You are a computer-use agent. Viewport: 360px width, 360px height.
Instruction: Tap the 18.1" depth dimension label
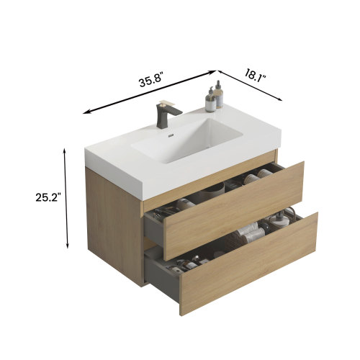click(258, 73)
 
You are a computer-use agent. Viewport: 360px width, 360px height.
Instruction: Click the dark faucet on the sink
click(163, 115)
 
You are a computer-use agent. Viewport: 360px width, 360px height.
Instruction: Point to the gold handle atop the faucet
click(168, 104)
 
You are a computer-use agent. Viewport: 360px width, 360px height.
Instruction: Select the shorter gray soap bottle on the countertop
click(210, 101)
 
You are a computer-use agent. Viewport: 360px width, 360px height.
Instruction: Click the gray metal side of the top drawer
click(154, 230)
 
